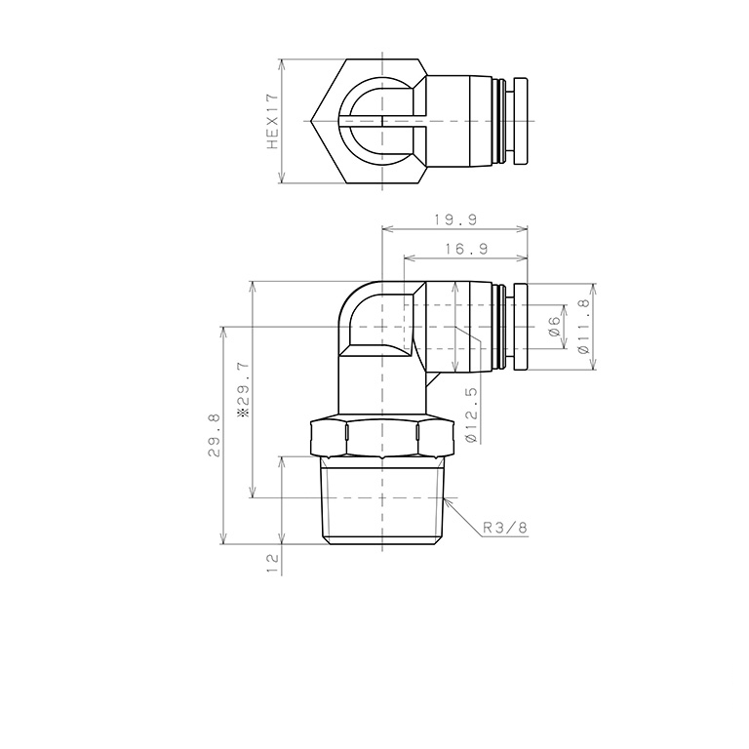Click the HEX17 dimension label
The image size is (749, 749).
273,122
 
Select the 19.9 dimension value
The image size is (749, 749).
454,219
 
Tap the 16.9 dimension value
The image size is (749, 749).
465,250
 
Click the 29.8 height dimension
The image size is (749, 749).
214,435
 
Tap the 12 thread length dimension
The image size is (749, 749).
272,561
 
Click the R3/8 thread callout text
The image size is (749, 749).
505,528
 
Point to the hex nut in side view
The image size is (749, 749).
380,438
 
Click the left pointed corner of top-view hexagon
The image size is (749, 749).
308,122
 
